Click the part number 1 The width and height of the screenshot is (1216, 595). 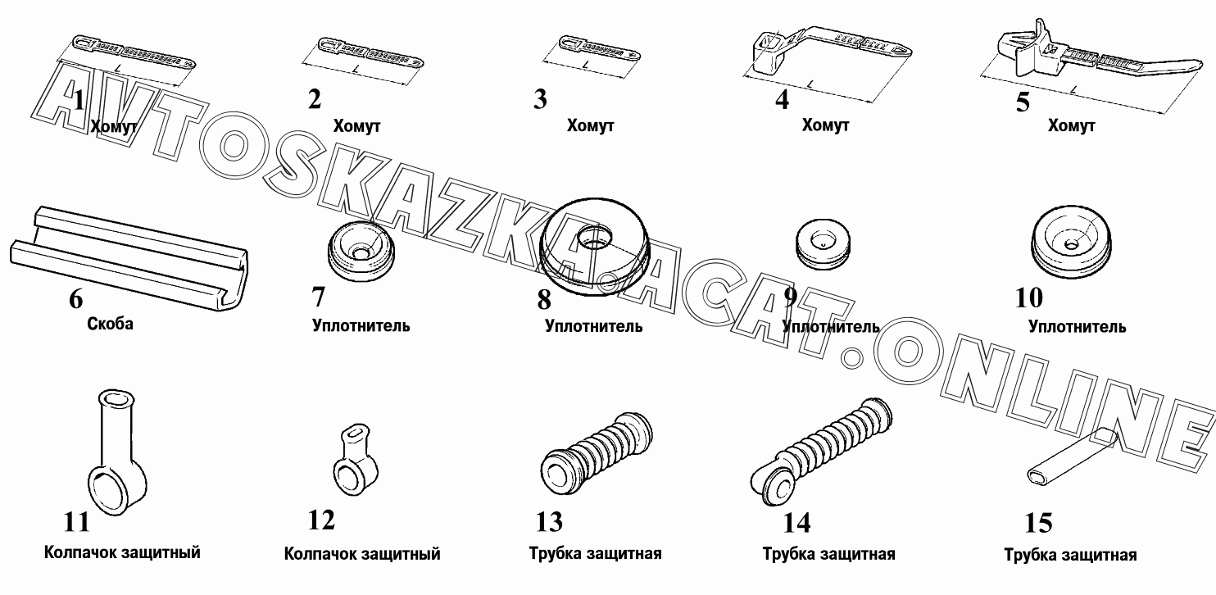click(79, 101)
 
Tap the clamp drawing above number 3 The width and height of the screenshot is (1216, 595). click(599, 48)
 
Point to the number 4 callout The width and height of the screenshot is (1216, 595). click(782, 99)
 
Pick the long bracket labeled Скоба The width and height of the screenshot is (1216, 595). click(129, 258)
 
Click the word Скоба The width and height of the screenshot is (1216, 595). click(110, 324)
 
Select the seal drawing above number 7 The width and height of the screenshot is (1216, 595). click(361, 252)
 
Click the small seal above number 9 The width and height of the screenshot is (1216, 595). click(823, 243)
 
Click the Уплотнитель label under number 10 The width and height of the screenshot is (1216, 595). click(1077, 327)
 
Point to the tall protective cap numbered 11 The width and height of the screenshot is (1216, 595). click(116, 452)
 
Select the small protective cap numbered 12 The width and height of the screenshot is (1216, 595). click(356, 460)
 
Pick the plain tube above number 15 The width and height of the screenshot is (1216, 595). click(1071, 456)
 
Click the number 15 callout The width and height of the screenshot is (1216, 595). click(1038, 524)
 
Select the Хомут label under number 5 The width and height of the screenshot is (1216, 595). click(1071, 125)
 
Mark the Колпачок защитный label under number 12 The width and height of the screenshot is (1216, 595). click(362, 554)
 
